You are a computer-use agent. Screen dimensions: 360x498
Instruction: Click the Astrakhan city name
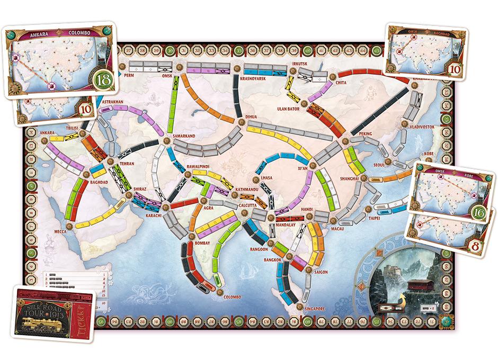point(112,101)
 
